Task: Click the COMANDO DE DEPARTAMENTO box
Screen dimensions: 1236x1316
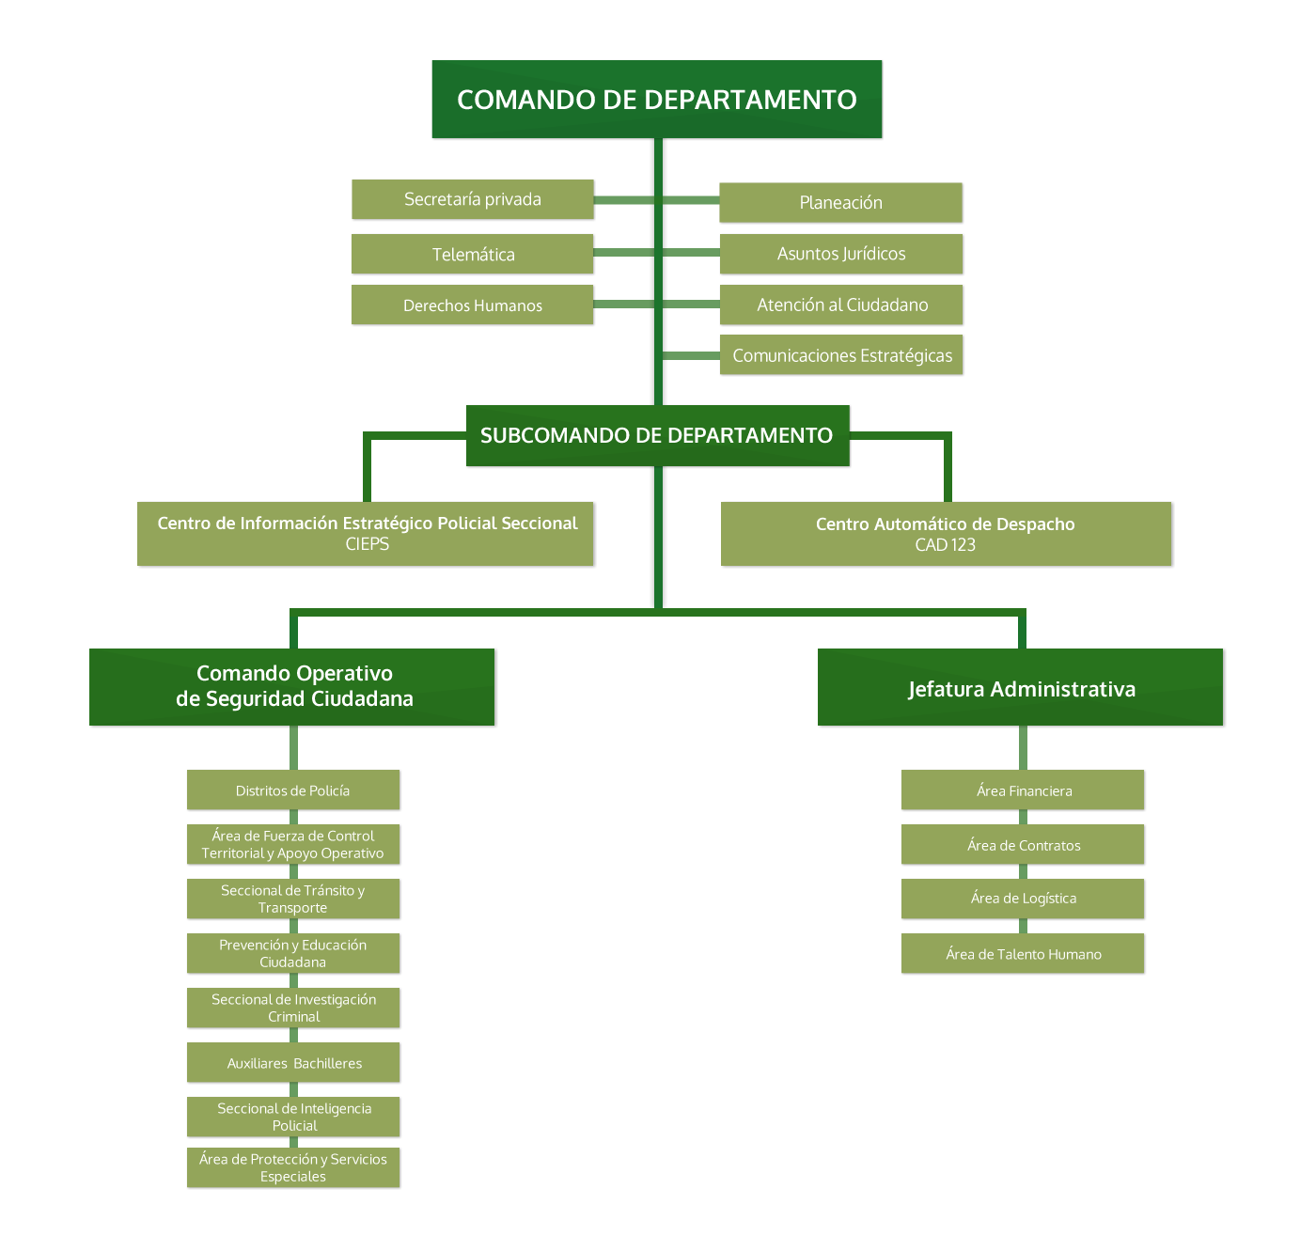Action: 656,100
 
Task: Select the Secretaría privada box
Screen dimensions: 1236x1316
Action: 473,199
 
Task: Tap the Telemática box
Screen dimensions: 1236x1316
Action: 473,254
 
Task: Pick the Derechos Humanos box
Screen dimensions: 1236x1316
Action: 473,305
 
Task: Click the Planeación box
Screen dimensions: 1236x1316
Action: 840,202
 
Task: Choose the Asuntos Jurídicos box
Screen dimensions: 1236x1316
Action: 841,254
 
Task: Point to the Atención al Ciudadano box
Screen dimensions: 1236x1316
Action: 841,305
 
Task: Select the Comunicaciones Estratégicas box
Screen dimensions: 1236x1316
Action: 841,355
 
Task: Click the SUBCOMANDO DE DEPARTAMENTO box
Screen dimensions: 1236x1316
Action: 657,435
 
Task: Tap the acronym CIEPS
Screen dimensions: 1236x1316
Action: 367,544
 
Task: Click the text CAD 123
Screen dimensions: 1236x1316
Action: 945,545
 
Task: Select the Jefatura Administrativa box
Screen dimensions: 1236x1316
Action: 1021,689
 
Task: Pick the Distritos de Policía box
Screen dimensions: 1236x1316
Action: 293,790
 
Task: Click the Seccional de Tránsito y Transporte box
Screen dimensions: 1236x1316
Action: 293,899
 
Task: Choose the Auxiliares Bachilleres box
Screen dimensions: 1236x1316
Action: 293,1063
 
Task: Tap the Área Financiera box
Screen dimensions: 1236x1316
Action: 1024,790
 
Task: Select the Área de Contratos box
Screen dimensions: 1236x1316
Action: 1024,845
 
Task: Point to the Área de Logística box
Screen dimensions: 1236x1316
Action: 1024,899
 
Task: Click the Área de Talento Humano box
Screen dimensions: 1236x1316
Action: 1024,954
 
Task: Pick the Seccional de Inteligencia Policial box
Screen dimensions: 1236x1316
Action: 294,1117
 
